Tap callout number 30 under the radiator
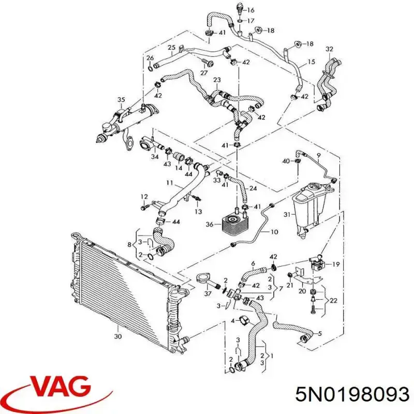[118, 336]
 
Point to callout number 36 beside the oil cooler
[210, 225]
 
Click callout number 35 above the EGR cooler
[121, 100]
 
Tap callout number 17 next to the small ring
[250, 20]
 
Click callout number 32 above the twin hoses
[329, 49]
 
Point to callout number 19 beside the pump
[336, 264]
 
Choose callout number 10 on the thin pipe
[274, 232]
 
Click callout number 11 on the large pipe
[169, 183]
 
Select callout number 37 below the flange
[208, 293]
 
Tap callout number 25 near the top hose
[171, 48]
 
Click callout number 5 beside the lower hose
[320, 333]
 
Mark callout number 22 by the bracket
[333, 301]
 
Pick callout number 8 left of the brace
[129, 244]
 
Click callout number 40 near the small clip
[286, 161]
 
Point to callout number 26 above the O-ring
[150, 58]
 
